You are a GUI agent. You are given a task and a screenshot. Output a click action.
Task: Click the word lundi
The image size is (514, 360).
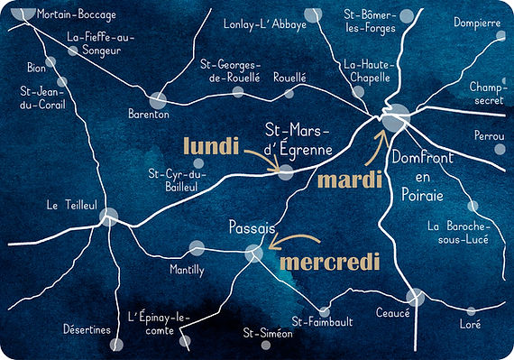(x=211, y=147)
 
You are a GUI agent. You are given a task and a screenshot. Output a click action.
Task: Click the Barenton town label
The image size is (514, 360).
(x=150, y=115)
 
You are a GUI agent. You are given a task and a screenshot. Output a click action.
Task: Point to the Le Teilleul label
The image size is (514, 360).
(x=71, y=206)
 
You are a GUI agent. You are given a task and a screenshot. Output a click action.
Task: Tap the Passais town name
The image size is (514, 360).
(x=252, y=229)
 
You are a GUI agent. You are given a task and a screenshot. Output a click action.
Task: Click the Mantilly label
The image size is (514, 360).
(x=187, y=269)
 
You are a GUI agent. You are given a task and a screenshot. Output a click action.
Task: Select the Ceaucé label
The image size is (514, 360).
(x=392, y=313)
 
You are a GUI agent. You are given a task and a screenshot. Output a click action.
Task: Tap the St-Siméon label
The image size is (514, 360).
(x=268, y=334)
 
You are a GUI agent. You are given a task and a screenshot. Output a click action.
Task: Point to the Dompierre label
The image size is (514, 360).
(x=477, y=23)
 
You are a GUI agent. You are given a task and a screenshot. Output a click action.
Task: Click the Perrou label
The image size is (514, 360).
(x=488, y=135)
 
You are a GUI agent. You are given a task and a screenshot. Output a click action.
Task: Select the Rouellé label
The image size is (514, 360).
(x=289, y=78)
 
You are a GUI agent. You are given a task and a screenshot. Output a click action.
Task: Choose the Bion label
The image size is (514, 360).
(x=36, y=68)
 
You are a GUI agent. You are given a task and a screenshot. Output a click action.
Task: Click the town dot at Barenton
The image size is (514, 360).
(x=160, y=100)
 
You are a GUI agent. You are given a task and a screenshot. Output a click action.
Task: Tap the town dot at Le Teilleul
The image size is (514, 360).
(x=110, y=216)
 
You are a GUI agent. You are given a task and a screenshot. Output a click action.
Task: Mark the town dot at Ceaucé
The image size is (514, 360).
(x=415, y=297)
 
